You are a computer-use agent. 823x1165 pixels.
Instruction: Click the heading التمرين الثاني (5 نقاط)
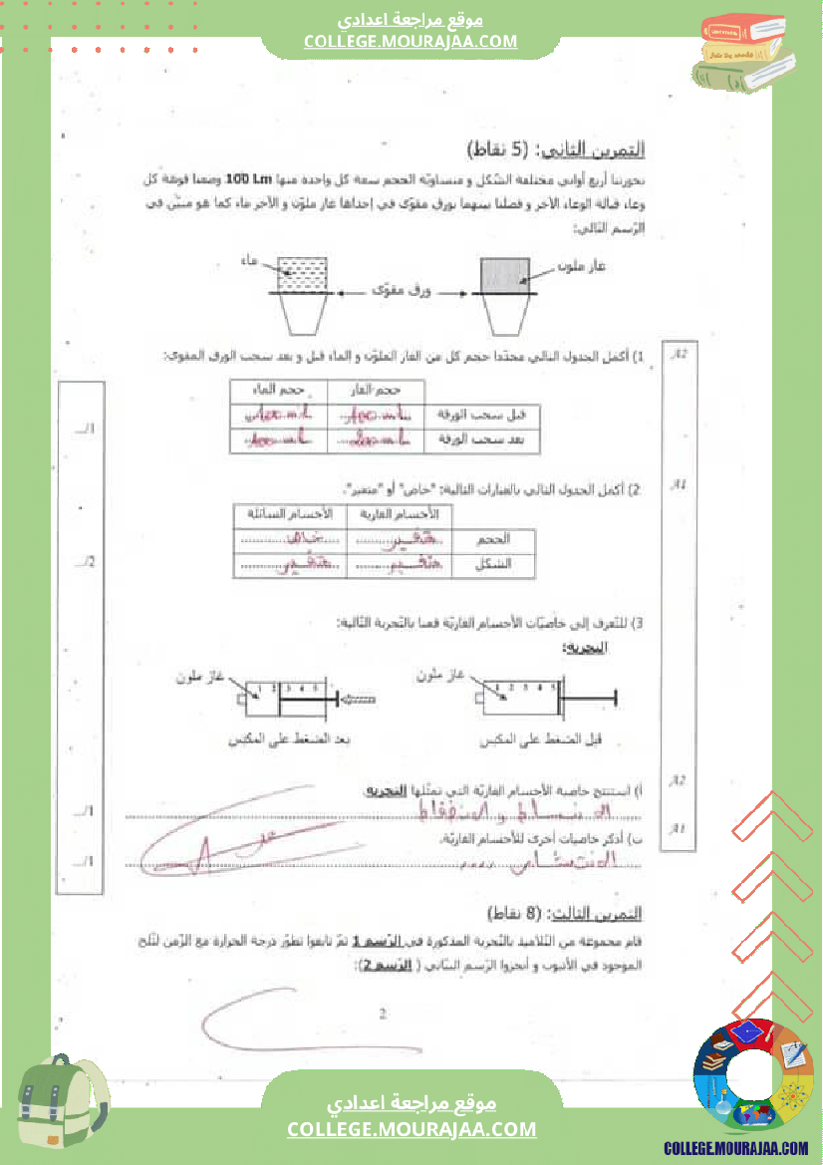556,150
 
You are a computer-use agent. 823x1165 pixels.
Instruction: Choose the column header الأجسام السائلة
289,513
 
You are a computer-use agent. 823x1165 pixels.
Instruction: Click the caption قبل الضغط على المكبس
562,740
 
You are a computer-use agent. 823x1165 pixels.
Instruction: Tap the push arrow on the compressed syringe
357,700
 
